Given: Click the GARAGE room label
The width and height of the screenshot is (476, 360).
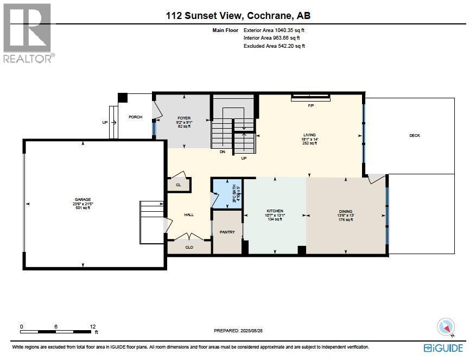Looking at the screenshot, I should [x=82, y=199].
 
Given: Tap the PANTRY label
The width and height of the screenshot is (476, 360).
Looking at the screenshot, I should [x=227, y=232].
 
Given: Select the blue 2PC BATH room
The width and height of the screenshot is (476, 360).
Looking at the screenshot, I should [x=227, y=193].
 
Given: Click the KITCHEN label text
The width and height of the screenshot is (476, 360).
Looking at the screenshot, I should [x=275, y=211].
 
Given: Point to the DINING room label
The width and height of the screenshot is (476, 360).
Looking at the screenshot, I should [x=346, y=211].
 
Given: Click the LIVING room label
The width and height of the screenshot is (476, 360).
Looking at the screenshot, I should [x=309, y=135].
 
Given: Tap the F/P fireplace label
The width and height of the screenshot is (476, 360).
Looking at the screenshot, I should [x=311, y=105].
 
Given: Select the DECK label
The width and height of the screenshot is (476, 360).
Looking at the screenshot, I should [x=415, y=135].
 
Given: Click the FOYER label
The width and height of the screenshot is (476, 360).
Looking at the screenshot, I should [x=184, y=118].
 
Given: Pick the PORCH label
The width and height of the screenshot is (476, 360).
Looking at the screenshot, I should [x=135, y=117].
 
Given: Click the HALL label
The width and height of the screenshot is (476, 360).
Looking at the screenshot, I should [x=189, y=214].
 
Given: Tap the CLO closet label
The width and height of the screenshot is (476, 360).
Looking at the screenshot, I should [x=189, y=247].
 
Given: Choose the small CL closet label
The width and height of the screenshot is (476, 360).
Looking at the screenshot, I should [x=178, y=185].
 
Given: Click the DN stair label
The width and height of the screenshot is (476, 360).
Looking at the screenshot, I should [x=223, y=152].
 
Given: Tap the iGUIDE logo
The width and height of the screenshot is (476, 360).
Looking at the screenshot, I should [x=443, y=348].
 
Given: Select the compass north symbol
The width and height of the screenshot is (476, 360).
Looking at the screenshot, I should [x=446, y=327].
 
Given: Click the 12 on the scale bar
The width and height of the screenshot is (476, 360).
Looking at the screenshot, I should [x=93, y=327].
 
